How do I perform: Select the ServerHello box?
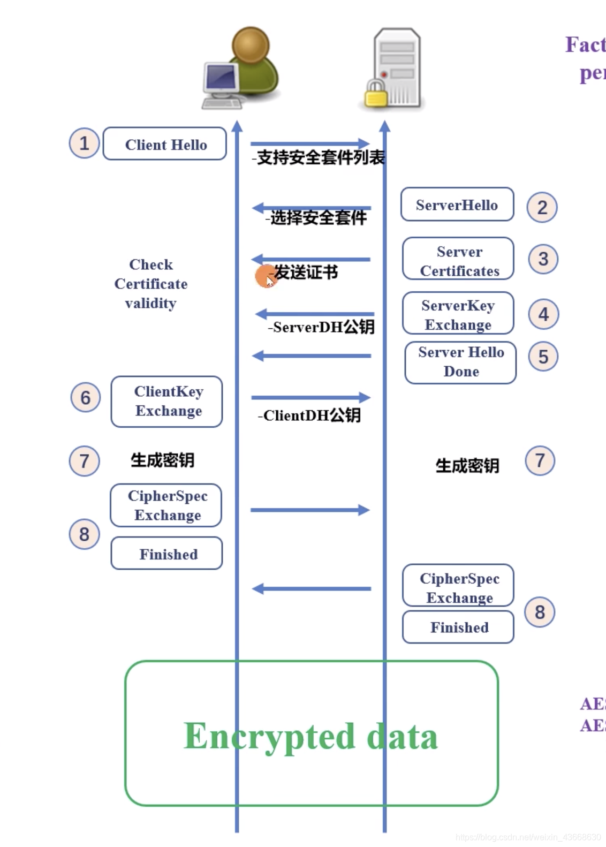coord(457,205)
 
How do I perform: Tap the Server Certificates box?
coord(458,260)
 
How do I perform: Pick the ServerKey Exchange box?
coord(458,314)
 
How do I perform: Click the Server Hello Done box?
coord(460,362)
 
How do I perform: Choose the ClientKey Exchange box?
coord(167,402)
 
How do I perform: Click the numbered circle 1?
coord(84,143)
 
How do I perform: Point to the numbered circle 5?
coord(543,357)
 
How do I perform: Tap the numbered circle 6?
coord(85,397)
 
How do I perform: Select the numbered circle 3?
coord(543,259)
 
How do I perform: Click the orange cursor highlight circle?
coord(265,276)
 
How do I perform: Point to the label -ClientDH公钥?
coord(309,415)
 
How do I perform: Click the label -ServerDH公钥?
coord(321,327)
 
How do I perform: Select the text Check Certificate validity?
coord(151,284)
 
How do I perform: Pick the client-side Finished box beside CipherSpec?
coord(167,554)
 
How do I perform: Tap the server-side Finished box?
coord(458,627)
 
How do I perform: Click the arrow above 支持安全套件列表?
coord(309,143)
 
